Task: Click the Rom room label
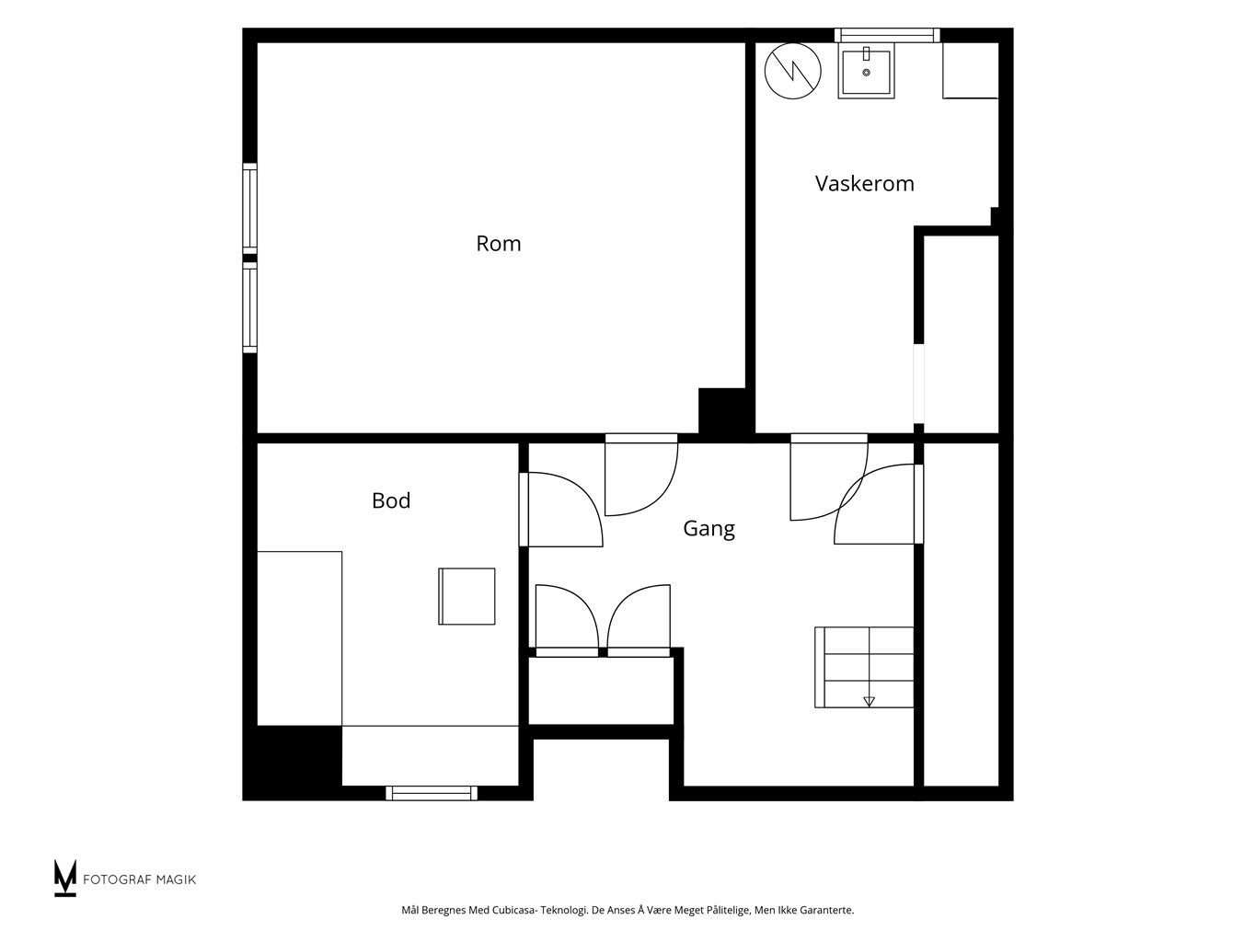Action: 498,244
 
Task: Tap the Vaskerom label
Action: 864,184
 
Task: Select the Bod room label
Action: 391,500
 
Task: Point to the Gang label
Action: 709,529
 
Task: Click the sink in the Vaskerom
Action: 866,73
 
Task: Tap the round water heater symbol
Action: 792,71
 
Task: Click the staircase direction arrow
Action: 869,701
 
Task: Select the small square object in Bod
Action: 467,596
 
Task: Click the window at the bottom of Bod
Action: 432,793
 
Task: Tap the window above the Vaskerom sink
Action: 887,35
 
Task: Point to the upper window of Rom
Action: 249,208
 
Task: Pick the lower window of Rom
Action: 249,307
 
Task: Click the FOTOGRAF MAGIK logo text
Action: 140,879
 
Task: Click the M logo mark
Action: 64,878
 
